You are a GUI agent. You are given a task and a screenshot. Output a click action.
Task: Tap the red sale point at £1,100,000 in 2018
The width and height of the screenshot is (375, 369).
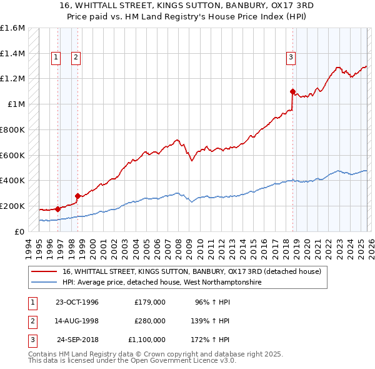click(292, 91)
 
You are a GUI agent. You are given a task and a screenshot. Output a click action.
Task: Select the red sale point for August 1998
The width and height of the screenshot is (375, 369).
click(77, 196)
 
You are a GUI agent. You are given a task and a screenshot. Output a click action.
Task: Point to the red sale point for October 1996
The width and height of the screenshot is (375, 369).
click(57, 209)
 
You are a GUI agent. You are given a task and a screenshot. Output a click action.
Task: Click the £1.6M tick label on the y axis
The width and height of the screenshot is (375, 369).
click(12, 28)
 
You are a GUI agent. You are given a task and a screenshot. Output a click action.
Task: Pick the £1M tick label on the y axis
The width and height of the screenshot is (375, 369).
click(16, 104)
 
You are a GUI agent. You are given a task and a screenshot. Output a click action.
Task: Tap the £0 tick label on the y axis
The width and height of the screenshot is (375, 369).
click(20, 231)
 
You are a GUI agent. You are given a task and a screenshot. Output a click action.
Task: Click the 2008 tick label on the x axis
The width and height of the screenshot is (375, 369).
click(179, 248)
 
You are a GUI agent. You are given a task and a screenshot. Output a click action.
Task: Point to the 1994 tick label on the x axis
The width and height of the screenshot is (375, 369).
click(28, 248)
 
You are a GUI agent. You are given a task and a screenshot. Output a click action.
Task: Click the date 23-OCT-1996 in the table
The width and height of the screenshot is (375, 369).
click(77, 302)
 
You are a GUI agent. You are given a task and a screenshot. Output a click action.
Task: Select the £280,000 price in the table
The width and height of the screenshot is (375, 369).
click(149, 321)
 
